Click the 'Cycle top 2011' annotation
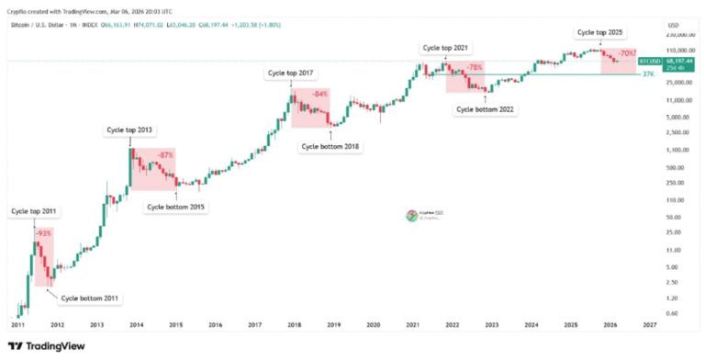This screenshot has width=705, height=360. tap(34, 212)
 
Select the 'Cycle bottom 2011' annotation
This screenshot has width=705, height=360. tap(89, 298)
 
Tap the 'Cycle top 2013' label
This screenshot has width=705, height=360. tap(127, 131)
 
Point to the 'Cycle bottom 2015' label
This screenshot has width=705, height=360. tap(176, 207)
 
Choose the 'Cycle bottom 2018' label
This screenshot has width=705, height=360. tap(330, 145)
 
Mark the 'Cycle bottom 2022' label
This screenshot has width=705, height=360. tap(485, 108)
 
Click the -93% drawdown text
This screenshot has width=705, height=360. tap(43, 234)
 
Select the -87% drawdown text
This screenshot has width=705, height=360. tap(166, 154)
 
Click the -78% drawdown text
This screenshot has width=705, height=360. tap(475, 67)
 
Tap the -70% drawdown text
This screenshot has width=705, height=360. tap(627, 54)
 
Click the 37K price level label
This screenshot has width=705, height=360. tap(647, 73)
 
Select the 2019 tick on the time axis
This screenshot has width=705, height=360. tap(334, 325)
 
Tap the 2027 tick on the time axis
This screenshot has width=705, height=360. tap(649, 325)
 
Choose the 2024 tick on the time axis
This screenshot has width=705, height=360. tap(532, 325)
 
